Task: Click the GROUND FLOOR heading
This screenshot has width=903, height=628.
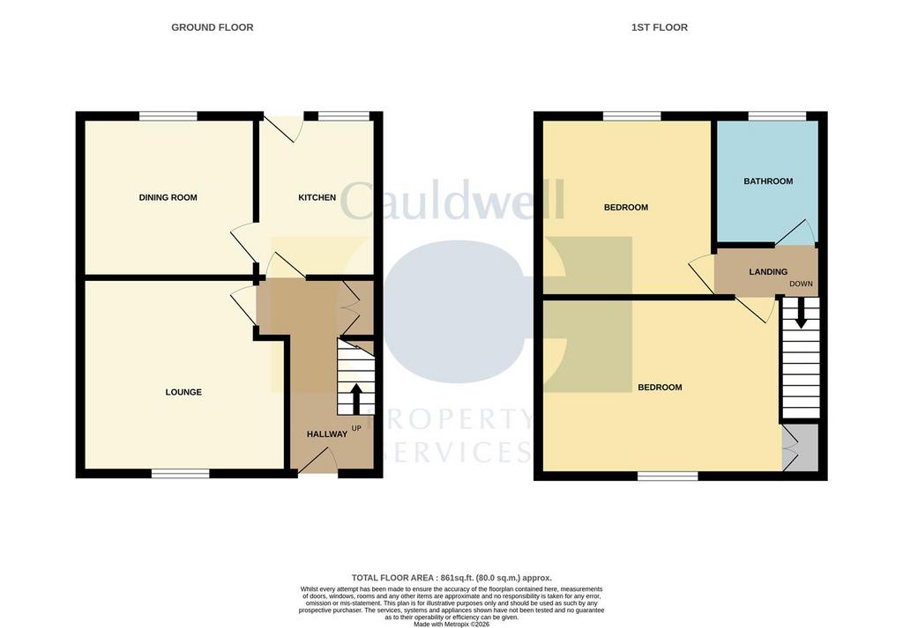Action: coord(212,27)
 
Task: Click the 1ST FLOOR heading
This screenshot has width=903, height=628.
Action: coord(660,27)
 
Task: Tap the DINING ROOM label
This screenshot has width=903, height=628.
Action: coord(168,197)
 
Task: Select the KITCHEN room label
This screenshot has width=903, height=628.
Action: coord(317,197)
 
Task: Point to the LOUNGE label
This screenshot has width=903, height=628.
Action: coord(183,392)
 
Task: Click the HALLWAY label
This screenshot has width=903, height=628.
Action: coord(327,434)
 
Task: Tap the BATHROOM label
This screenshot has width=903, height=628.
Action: coord(768,181)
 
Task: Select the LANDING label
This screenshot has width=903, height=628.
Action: coord(768,271)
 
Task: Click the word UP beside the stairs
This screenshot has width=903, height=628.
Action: coord(356,428)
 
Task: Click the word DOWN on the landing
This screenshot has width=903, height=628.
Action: coord(801,284)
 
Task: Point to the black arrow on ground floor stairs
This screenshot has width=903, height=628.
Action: coord(356,398)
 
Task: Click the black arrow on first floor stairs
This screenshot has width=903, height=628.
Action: coord(801,314)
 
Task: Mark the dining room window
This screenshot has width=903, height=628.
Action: coord(168,116)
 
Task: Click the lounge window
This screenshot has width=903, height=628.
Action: coord(181,473)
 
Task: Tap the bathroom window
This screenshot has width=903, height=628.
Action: coord(778,116)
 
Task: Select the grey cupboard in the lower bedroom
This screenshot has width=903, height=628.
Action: coord(801,448)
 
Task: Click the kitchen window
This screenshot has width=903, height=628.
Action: coord(344,116)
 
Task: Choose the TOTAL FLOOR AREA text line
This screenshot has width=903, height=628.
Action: coord(451,578)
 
